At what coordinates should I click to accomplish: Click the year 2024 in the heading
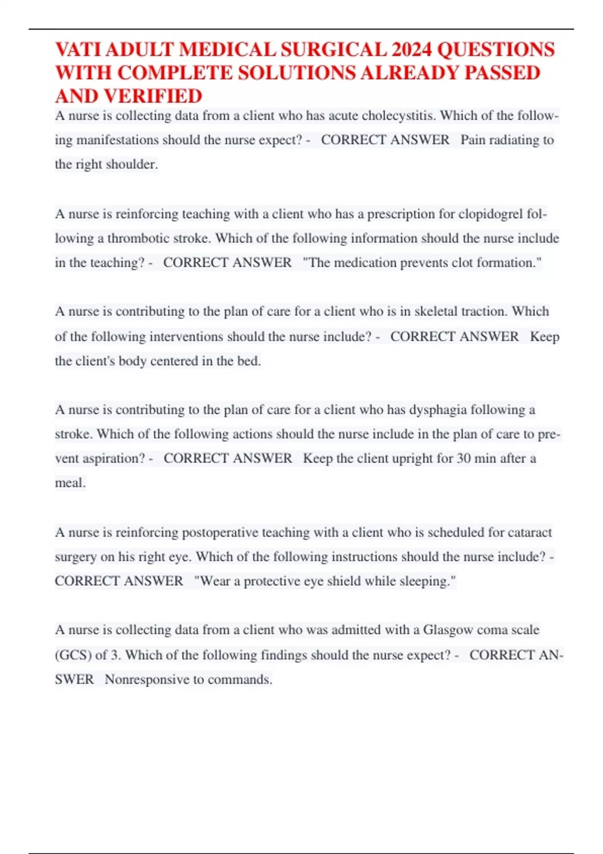pyautogui.click(x=411, y=50)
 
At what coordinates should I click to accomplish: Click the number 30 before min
pyautogui.click(x=463, y=459)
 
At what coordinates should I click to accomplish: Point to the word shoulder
pyautogui.click(x=132, y=164)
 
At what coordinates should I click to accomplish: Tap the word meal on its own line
pyautogui.click(x=70, y=483)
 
